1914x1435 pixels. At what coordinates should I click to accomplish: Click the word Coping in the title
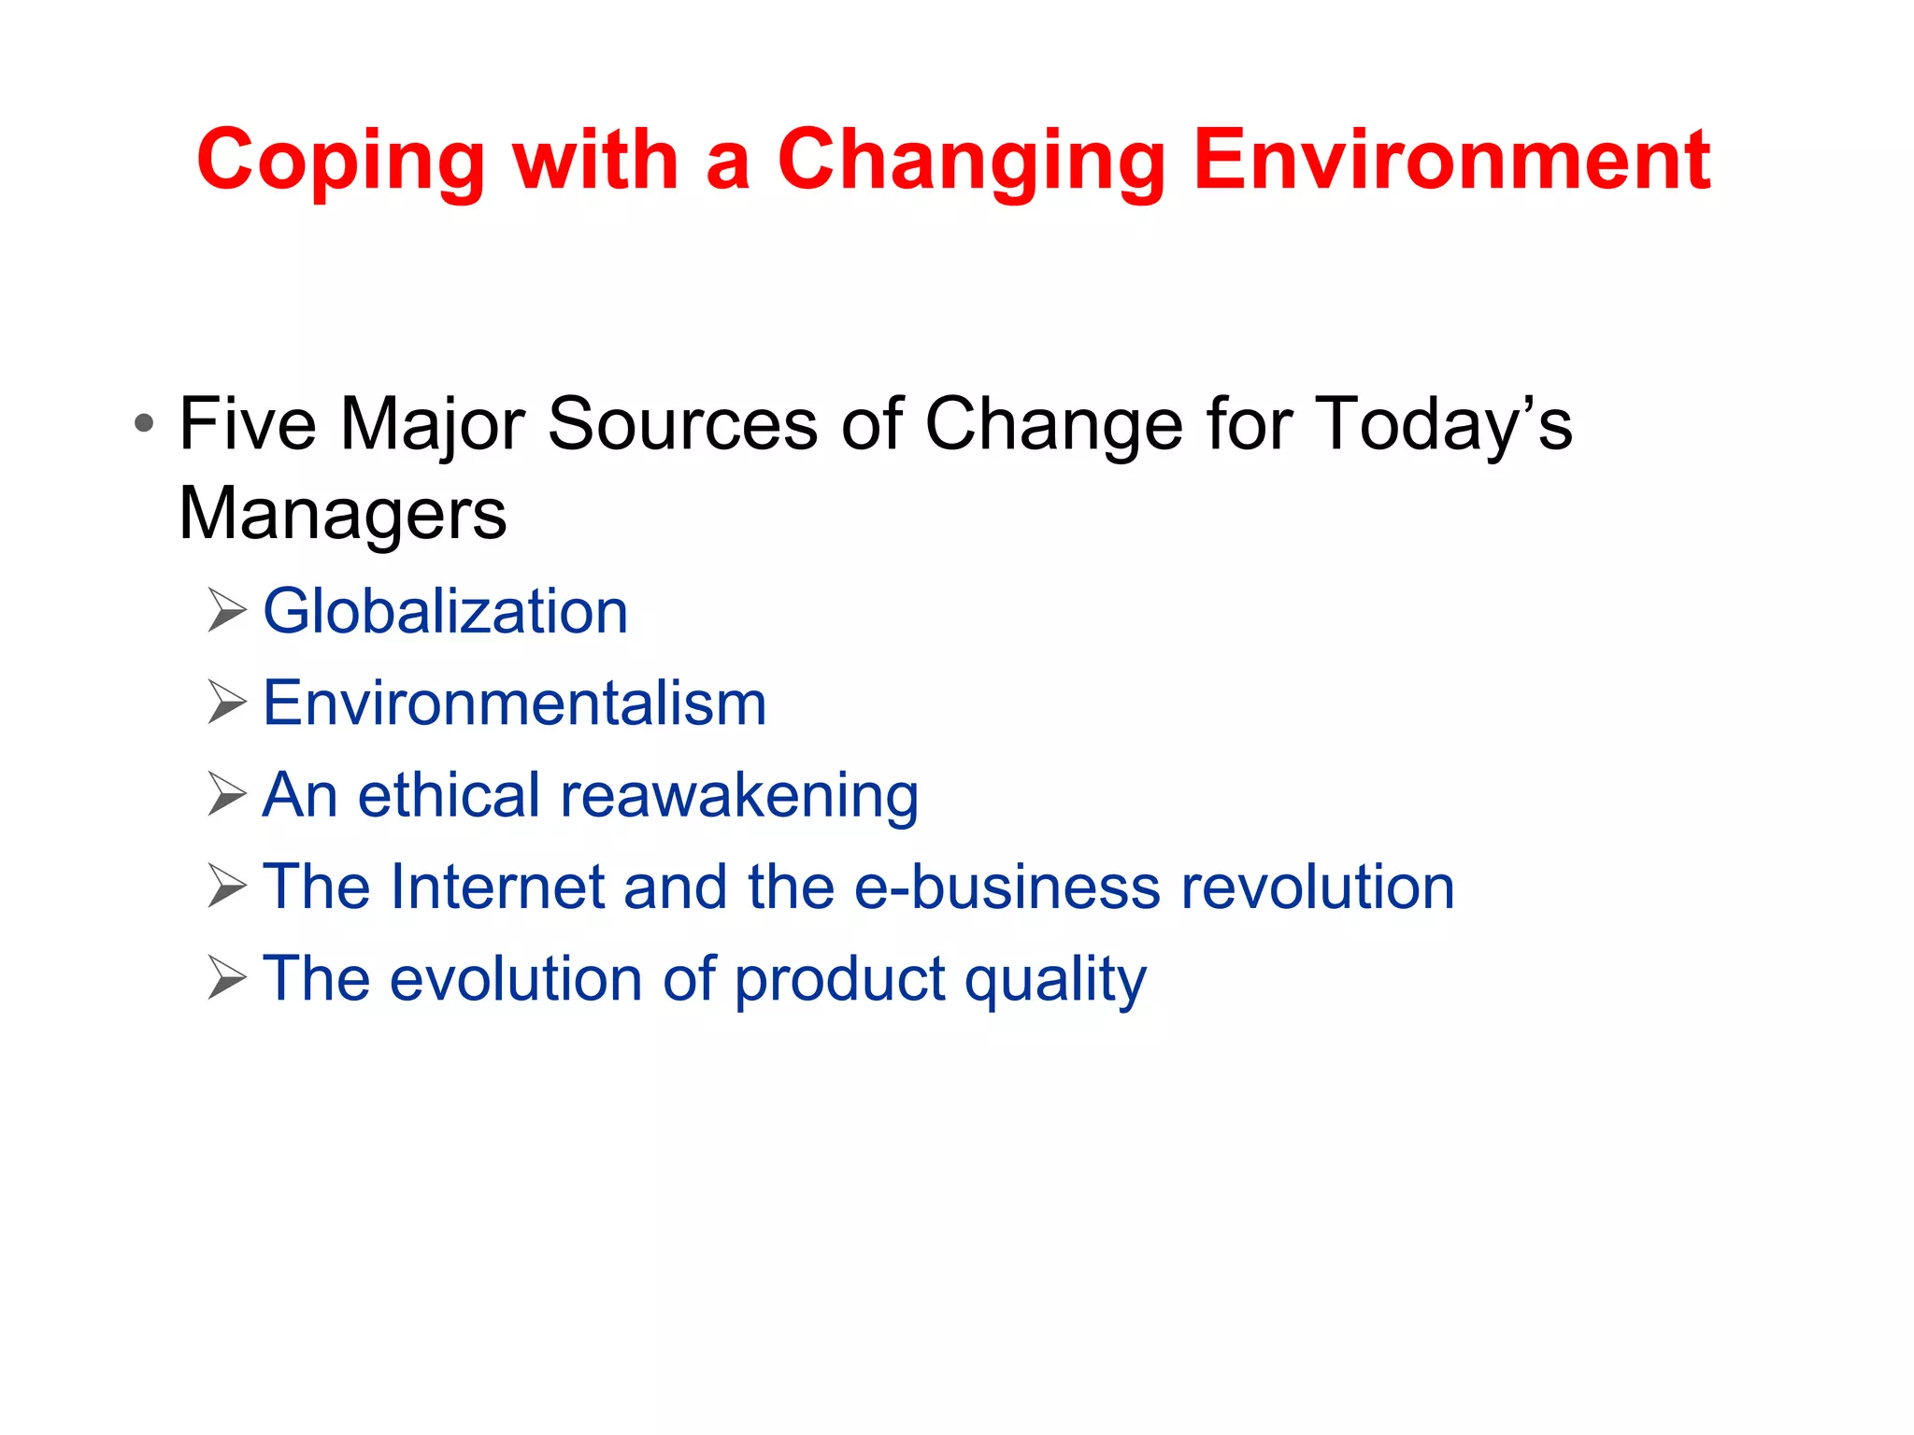coord(340,163)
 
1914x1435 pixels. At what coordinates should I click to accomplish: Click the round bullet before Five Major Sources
coord(143,424)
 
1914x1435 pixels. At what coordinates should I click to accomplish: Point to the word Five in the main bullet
coord(248,424)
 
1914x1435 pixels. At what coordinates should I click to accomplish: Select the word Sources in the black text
coord(682,424)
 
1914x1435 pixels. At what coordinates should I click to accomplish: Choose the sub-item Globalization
coord(445,612)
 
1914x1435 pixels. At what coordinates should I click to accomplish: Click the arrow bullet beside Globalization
coord(227,611)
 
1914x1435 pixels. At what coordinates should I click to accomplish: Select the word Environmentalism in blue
coord(514,703)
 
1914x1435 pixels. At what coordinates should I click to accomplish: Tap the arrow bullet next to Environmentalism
coord(227,703)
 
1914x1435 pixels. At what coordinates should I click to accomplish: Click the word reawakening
coord(738,796)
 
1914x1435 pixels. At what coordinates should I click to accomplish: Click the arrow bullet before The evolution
coord(227,978)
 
